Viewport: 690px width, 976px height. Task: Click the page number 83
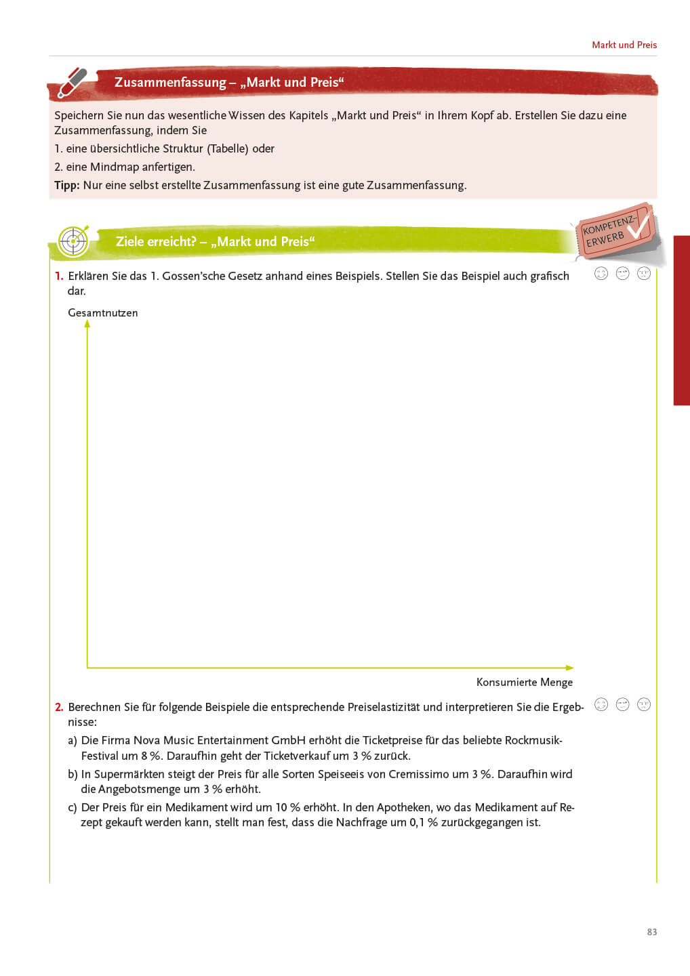tap(652, 932)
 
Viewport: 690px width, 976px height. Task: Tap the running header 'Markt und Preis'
tap(624, 45)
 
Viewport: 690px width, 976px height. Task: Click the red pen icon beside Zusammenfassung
tap(73, 83)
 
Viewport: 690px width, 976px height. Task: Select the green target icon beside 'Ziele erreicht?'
tap(73, 241)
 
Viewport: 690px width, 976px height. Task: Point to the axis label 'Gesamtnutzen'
tap(103, 313)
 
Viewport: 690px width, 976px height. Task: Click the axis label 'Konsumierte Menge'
tap(525, 683)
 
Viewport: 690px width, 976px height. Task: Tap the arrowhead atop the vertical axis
tap(87, 324)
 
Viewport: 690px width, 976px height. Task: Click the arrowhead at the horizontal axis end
tap(569, 668)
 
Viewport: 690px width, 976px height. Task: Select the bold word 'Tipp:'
tap(67, 186)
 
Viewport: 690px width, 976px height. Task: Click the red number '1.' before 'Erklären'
tap(59, 276)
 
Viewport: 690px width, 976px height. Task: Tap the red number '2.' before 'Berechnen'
tap(59, 707)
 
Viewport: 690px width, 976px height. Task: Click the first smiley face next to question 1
tap(601, 273)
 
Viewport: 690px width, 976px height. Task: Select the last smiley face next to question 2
tap(644, 704)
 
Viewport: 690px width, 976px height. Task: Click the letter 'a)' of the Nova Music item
tap(73, 740)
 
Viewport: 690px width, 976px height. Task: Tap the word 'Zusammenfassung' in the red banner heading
tap(170, 83)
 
